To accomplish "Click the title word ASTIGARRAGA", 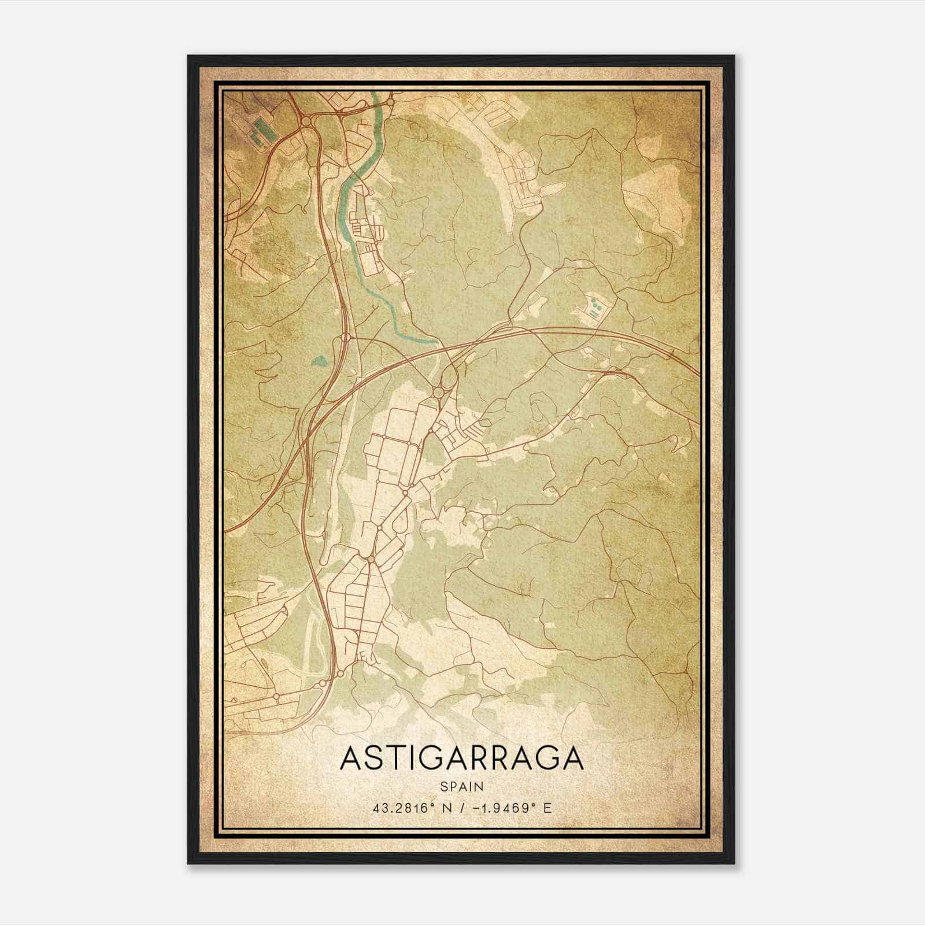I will point(462,758).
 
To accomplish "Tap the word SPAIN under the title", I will point(462,786).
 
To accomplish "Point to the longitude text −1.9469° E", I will point(512,808).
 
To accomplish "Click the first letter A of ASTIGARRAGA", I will point(351,758).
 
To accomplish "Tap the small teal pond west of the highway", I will point(319,362).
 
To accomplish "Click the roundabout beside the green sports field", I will point(305,121).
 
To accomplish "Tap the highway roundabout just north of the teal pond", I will point(346,337).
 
